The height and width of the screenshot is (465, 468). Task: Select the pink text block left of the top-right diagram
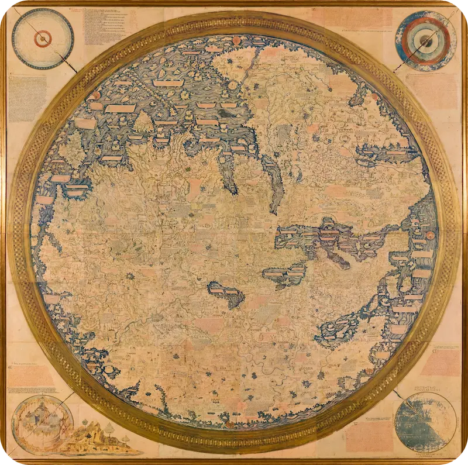(357, 18)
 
